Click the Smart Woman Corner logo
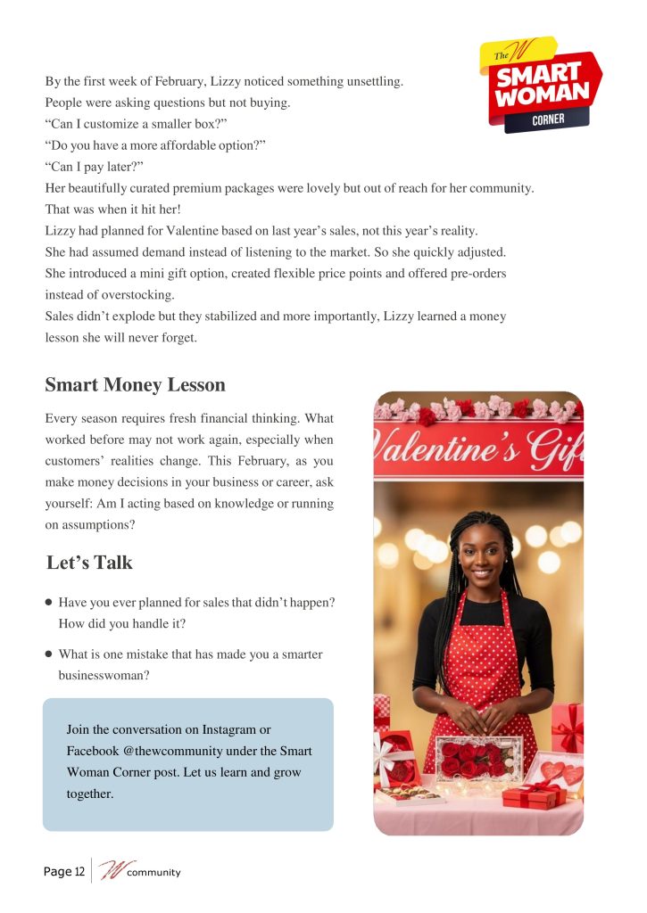540,86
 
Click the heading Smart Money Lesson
135,385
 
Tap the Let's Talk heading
89,563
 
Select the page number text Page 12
64,871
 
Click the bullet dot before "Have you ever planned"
49,603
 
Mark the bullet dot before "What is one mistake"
49,654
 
